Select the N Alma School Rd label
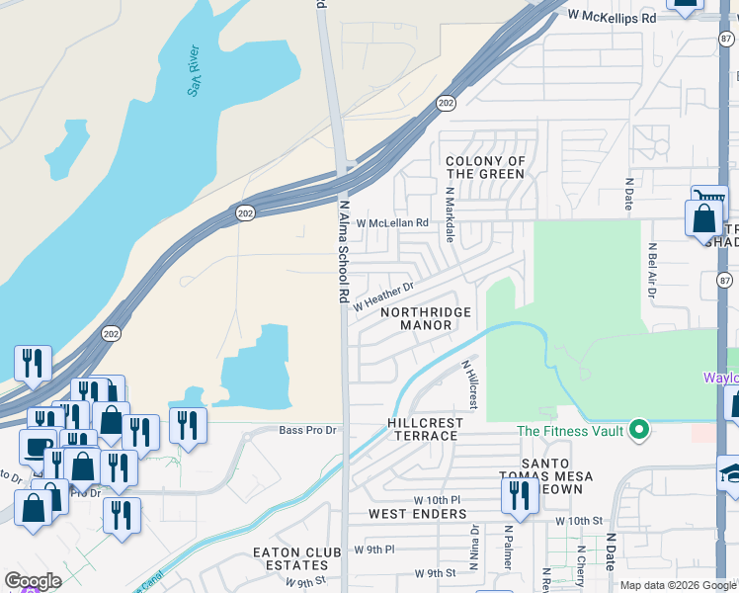point(345,252)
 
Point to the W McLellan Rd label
point(392,223)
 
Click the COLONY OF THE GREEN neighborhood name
point(485,168)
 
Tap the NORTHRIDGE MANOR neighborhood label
point(425,318)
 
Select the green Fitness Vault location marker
point(639,430)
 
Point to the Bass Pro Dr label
point(307,430)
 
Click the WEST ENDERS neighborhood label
point(416,514)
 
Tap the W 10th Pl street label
point(437,500)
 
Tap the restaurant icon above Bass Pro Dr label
point(187,425)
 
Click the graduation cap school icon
point(729,472)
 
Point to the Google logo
point(33,581)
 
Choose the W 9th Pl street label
point(374,549)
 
